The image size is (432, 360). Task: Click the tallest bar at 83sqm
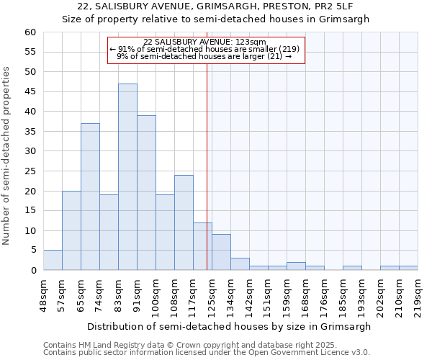(127, 177)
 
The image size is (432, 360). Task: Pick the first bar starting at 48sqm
(53, 260)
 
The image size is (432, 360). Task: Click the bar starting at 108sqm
(184, 222)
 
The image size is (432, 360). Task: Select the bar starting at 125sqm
(221, 252)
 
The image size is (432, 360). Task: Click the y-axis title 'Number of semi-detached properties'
(7, 156)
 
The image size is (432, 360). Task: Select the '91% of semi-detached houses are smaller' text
(205, 49)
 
